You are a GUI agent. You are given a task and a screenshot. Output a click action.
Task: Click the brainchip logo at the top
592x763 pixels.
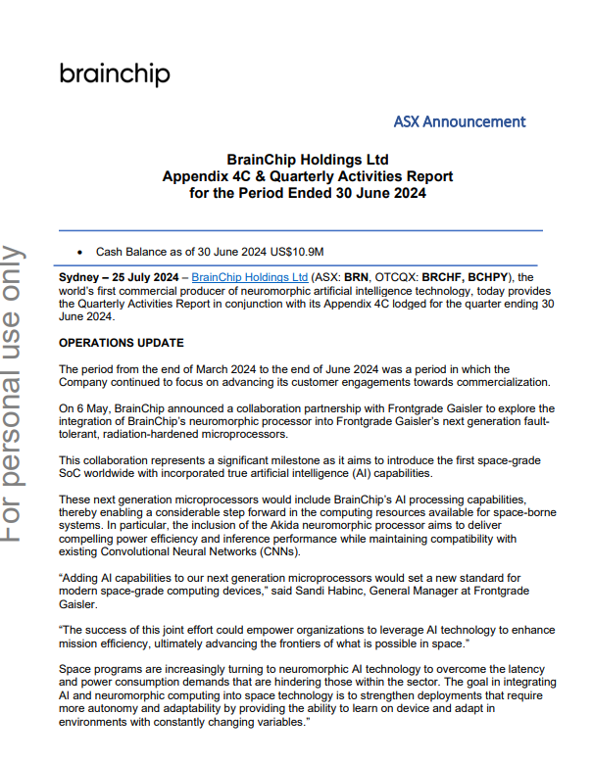(115, 74)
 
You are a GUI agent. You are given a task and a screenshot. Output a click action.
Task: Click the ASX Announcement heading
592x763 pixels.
(459, 122)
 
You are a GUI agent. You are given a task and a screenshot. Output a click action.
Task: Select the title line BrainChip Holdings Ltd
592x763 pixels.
(308, 160)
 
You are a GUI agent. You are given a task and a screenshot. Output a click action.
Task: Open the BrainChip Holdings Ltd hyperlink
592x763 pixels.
(250, 277)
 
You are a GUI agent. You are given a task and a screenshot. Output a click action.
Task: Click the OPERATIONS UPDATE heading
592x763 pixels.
(121, 343)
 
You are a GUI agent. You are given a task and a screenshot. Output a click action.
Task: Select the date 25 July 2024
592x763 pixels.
(143, 277)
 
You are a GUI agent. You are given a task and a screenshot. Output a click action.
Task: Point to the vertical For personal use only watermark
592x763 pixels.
(13, 392)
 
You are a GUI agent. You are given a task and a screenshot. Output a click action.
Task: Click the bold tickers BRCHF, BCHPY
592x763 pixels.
(484, 277)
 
